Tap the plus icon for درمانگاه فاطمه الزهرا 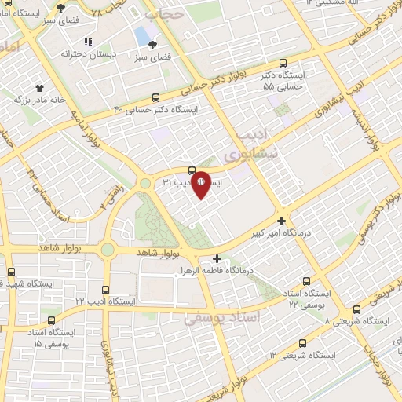click(217, 258)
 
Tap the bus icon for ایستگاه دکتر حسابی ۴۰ click(155, 98)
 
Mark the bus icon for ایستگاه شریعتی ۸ click(357, 309)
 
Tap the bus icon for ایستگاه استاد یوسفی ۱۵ click(53, 320)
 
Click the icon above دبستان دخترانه click(88, 42)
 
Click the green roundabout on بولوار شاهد click(107, 250)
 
